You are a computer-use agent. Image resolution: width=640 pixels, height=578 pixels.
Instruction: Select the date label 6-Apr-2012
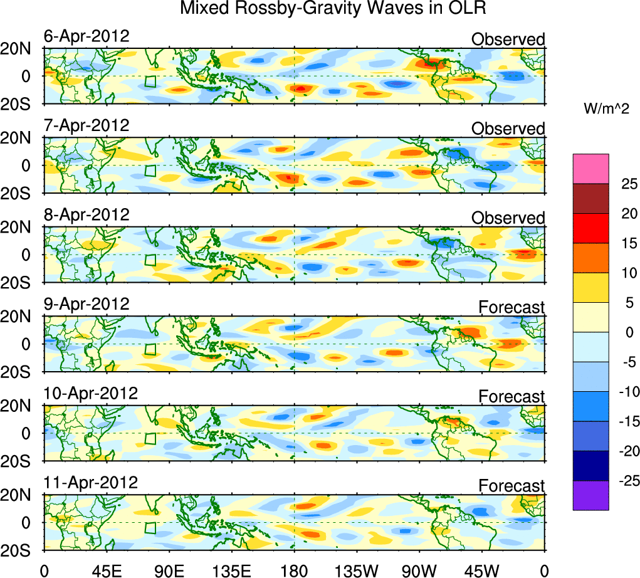click(87, 36)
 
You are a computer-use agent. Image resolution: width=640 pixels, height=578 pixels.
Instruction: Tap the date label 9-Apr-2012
click(87, 304)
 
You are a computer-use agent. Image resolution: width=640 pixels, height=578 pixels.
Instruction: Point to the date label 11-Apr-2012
click(90, 483)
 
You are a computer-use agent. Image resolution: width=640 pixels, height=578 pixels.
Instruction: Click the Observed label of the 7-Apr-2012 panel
click(508, 129)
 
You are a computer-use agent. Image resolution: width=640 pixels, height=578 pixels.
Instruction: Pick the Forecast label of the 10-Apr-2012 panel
click(511, 397)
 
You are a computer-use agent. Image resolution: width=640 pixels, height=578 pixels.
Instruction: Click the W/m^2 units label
click(607, 109)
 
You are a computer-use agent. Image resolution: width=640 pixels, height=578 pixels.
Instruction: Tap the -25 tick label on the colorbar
click(626, 481)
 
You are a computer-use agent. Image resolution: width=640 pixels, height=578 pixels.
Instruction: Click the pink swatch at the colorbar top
click(590, 169)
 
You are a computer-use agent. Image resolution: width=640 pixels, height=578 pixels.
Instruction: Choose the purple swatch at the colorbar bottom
click(590, 496)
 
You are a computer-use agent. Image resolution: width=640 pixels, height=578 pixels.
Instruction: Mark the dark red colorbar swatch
click(590, 198)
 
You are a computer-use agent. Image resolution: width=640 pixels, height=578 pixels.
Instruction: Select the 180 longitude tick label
click(294, 570)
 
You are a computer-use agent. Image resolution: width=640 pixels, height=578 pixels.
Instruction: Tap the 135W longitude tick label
click(357, 570)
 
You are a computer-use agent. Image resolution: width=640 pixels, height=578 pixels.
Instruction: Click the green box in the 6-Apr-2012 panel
click(150, 81)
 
